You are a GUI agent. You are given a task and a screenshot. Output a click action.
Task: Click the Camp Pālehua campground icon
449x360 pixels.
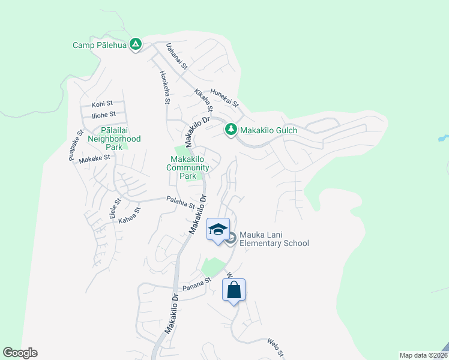click(136, 44)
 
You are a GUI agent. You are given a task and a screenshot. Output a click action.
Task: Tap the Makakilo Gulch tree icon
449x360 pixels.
click(231, 130)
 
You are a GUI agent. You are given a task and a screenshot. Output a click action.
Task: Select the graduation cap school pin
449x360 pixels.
click(218, 229)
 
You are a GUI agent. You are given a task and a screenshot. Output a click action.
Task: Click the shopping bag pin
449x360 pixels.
click(234, 290)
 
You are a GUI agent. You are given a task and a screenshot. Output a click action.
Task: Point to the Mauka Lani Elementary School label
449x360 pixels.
click(274, 239)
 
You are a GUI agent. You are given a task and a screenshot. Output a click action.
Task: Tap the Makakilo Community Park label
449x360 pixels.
click(188, 167)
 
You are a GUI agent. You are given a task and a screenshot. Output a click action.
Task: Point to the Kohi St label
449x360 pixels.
click(102, 104)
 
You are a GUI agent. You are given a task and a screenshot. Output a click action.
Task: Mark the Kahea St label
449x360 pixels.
click(129, 214)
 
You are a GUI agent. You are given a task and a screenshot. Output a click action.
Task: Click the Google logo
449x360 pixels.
click(20, 353)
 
